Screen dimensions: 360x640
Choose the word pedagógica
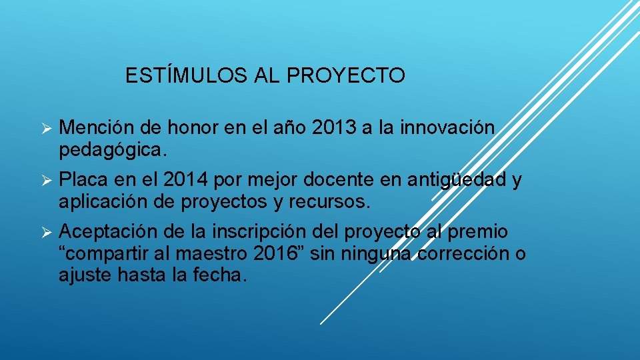[x=109, y=150]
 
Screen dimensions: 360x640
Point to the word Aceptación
[x=109, y=232]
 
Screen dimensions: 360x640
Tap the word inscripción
[x=263, y=232]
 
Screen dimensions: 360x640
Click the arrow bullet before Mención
[x=46, y=128]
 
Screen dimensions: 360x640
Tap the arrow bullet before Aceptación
[x=46, y=233]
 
